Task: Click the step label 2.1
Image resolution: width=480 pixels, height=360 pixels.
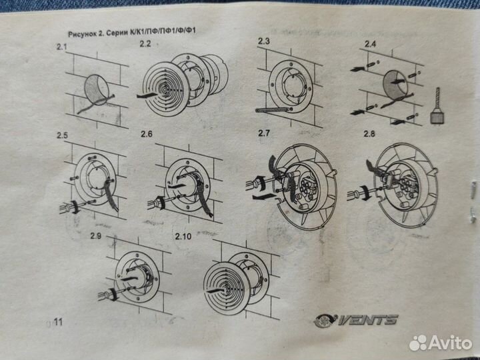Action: point(61,47)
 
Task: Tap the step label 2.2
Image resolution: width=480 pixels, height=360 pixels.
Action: point(145,44)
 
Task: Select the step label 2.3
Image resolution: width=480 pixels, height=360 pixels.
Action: point(264,41)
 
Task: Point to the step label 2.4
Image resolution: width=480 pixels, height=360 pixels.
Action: point(370,44)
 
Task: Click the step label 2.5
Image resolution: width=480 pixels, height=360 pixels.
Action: point(62,135)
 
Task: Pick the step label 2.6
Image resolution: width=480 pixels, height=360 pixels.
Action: point(146,134)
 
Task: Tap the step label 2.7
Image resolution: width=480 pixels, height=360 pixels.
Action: point(264,133)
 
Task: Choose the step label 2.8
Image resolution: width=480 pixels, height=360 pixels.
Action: point(369,134)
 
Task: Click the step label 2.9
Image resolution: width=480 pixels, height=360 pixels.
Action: point(96,235)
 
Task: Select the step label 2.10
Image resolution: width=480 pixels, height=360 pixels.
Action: point(183,236)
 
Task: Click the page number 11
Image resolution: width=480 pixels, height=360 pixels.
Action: point(58,322)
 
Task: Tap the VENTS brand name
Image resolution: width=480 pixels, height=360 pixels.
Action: point(367,320)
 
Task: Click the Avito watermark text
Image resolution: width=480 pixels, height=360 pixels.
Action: point(450,342)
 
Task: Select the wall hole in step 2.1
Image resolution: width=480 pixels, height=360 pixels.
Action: point(97,89)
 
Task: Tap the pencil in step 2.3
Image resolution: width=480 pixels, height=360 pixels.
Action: point(273,109)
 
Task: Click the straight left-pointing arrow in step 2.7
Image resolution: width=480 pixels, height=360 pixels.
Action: point(263,197)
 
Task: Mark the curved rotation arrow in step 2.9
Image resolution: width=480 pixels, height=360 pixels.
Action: point(113,294)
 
